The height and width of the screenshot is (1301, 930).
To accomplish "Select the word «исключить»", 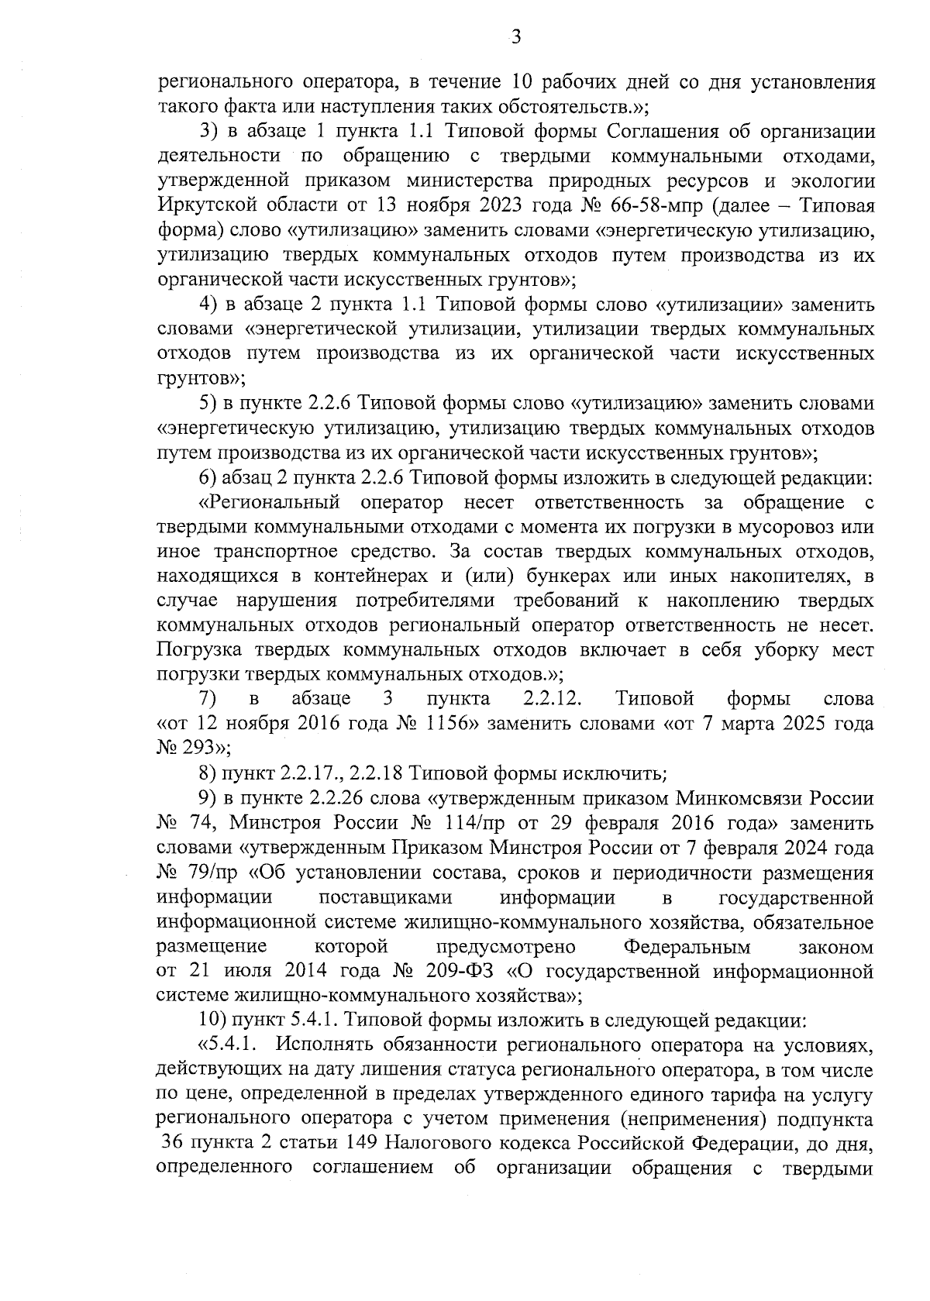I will pyautogui.click(x=611, y=773).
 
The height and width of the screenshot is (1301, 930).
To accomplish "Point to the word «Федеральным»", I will pyautogui.click(x=687, y=947).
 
